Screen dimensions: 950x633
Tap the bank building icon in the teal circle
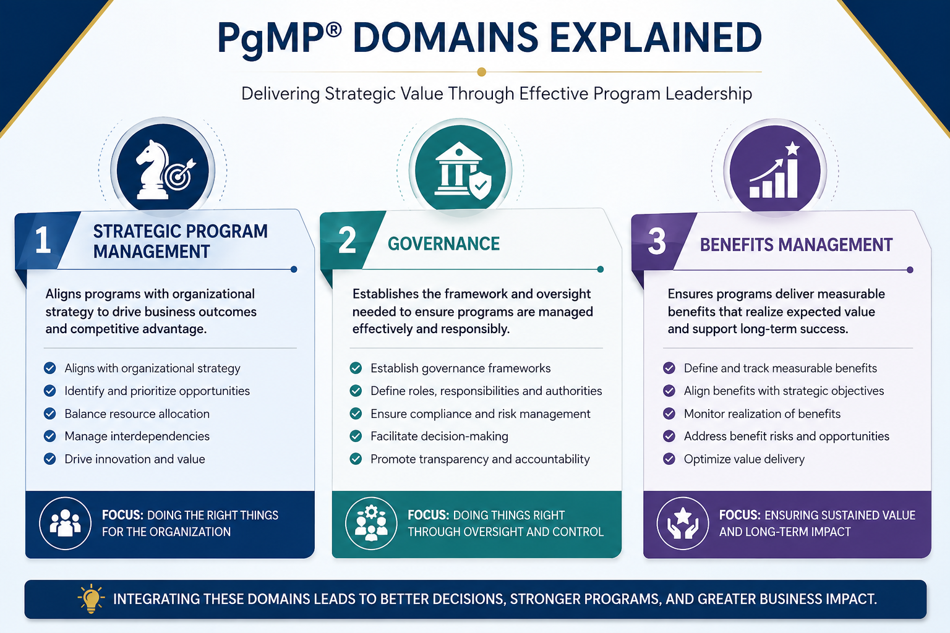click(458, 169)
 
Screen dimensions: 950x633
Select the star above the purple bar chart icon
click(792, 149)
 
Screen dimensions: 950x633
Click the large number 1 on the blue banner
click(43, 240)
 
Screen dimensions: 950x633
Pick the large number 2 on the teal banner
click(348, 240)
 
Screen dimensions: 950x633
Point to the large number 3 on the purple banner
click(657, 241)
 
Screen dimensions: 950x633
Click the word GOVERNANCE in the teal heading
click(443, 244)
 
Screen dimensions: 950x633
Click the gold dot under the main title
click(481, 72)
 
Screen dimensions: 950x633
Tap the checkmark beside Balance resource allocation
click(49, 414)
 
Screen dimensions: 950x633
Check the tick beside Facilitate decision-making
click(356, 436)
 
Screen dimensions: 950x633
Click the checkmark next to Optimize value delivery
click(669, 459)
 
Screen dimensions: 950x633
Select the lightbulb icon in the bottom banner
click(91, 598)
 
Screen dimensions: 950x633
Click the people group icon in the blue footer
click(66, 523)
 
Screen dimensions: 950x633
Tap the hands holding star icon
click(683, 523)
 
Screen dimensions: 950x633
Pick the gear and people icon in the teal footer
click(371, 523)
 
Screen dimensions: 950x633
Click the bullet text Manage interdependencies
click(137, 436)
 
